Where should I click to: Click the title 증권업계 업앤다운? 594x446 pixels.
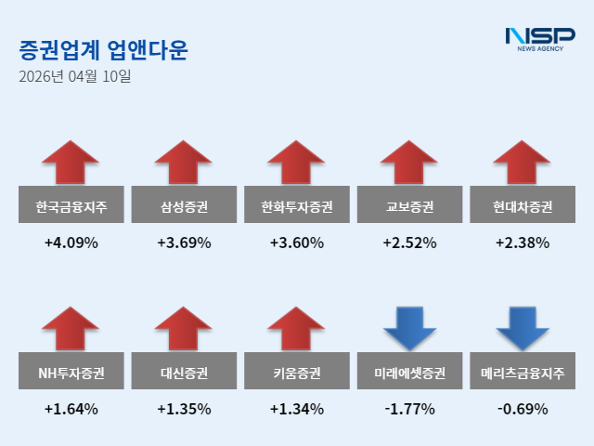click(x=102, y=50)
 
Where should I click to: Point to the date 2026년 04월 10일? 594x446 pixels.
click(x=74, y=77)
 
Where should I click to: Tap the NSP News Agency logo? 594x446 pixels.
click(x=539, y=39)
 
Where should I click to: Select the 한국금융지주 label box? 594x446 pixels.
click(x=71, y=205)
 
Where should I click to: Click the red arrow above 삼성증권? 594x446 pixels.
click(x=184, y=162)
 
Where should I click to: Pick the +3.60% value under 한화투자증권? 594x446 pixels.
click(x=297, y=243)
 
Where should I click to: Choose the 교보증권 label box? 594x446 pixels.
click(x=409, y=205)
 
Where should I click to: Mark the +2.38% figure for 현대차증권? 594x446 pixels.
click(x=523, y=243)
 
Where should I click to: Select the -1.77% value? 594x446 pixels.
click(x=409, y=409)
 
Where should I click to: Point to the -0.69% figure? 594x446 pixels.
click(x=523, y=409)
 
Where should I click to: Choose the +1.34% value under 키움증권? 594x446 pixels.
click(x=297, y=409)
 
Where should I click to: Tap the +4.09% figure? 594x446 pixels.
click(x=71, y=243)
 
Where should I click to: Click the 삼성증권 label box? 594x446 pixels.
click(x=184, y=205)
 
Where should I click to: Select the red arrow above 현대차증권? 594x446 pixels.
click(x=523, y=162)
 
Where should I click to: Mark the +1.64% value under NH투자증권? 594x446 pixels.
click(x=71, y=409)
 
